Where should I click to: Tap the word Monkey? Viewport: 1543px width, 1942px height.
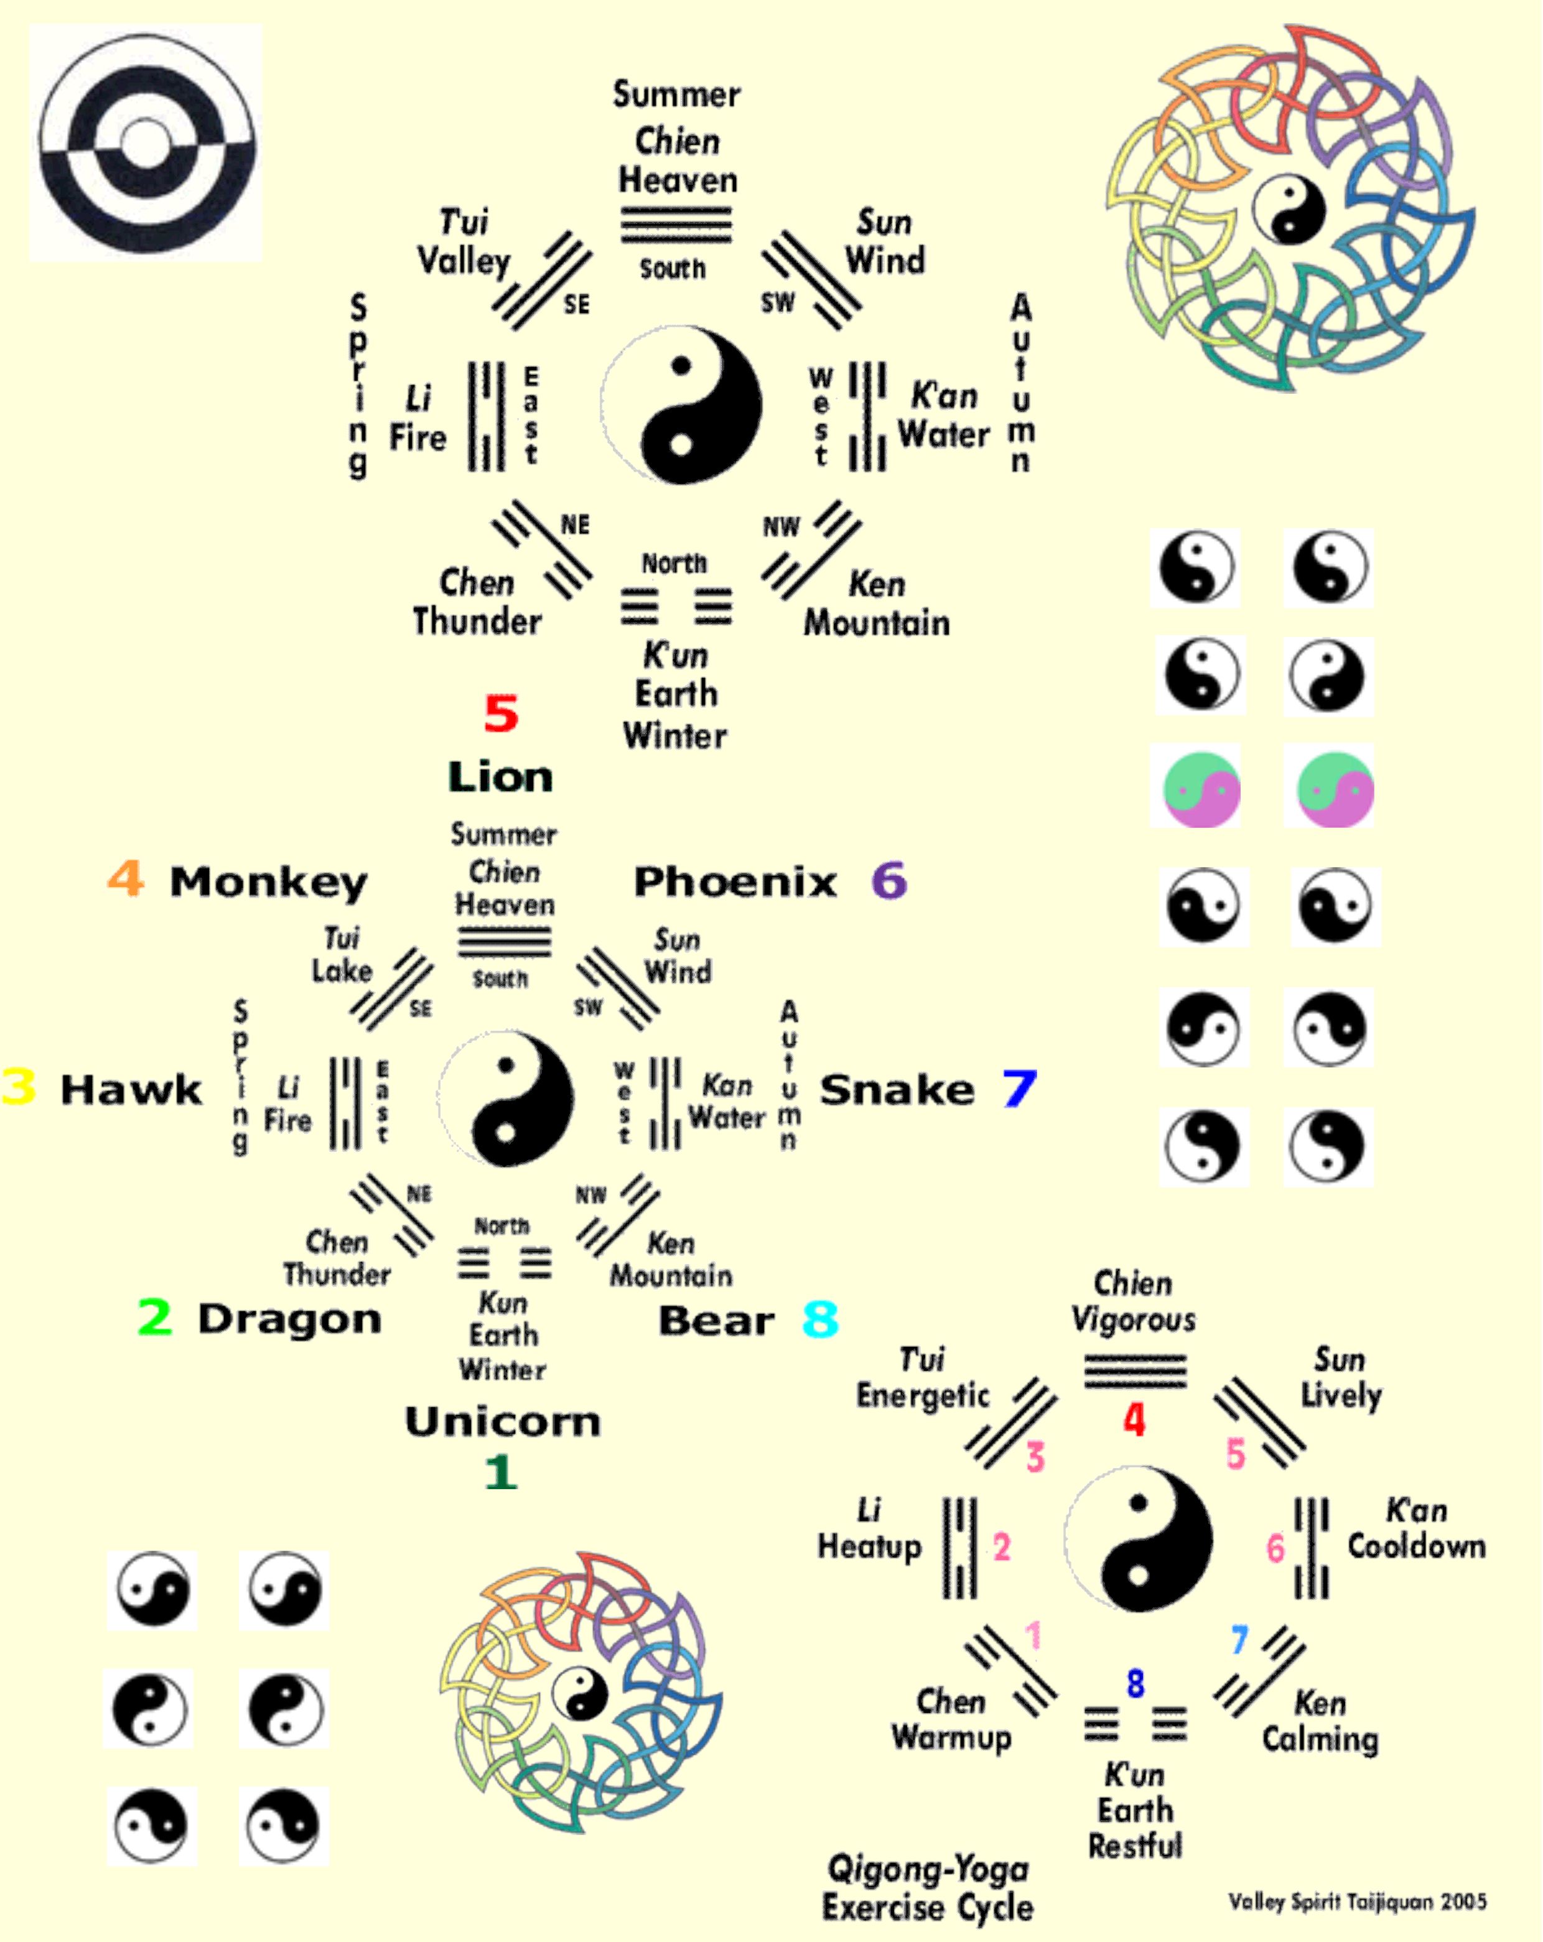pyautogui.click(x=268, y=883)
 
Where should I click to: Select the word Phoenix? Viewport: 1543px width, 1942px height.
pyautogui.click(x=735, y=882)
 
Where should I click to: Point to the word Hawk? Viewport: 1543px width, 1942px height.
pyautogui.click(x=131, y=1090)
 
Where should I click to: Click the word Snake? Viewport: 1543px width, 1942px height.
pyautogui.click(x=897, y=1090)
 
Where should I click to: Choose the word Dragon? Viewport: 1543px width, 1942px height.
pyautogui.click(x=289, y=1319)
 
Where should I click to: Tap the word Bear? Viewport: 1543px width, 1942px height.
pyautogui.click(x=716, y=1321)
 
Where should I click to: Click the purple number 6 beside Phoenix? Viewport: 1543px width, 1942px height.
pyautogui.click(x=889, y=880)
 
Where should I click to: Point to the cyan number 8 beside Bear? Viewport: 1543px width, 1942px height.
pyautogui.click(x=819, y=1321)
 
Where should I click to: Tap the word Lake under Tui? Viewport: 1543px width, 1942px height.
pyautogui.click(x=342, y=971)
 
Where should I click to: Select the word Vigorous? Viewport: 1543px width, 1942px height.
pyautogui.click(x=1133, y=1321)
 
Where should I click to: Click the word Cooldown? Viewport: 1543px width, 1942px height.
pyautogui.click(x=1416, y=1546)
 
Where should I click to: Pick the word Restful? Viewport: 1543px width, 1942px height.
pyautogui.click(x=1135, y=1847)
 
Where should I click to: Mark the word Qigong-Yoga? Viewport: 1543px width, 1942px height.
pyautogui.click(x=928, y=1869)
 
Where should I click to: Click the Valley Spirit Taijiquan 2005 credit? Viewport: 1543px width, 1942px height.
pyautogui.click(x=1356, y=1902)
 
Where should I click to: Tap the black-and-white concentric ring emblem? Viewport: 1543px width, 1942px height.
pyautogui.click(x=146, y=143)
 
